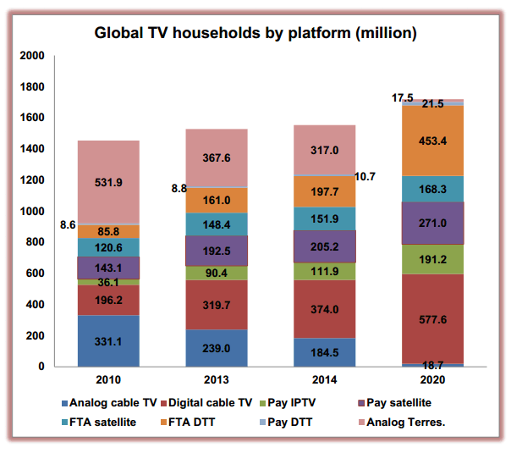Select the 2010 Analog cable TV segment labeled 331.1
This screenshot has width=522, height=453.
pos(108,341)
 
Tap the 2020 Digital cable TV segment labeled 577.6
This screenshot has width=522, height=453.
pos(432,320)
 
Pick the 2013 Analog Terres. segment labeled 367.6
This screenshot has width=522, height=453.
pos(217,157)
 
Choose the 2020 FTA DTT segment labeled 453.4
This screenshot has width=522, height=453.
pos(432,141)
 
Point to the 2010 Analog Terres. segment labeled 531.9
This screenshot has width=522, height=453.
pos(108,181)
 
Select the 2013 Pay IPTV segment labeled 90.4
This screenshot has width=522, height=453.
pos(217,273)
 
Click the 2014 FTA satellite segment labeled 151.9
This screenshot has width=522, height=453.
pos(325,218)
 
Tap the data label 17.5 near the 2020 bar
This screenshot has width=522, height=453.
pos(402,98)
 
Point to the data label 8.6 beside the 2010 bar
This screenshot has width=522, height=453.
pos(69,226)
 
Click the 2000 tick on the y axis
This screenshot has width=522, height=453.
pos(31,56)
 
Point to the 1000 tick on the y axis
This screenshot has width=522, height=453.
pos(31,211)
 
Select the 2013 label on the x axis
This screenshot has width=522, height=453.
pos(217,381)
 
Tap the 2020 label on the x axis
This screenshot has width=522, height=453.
pos(432,381)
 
